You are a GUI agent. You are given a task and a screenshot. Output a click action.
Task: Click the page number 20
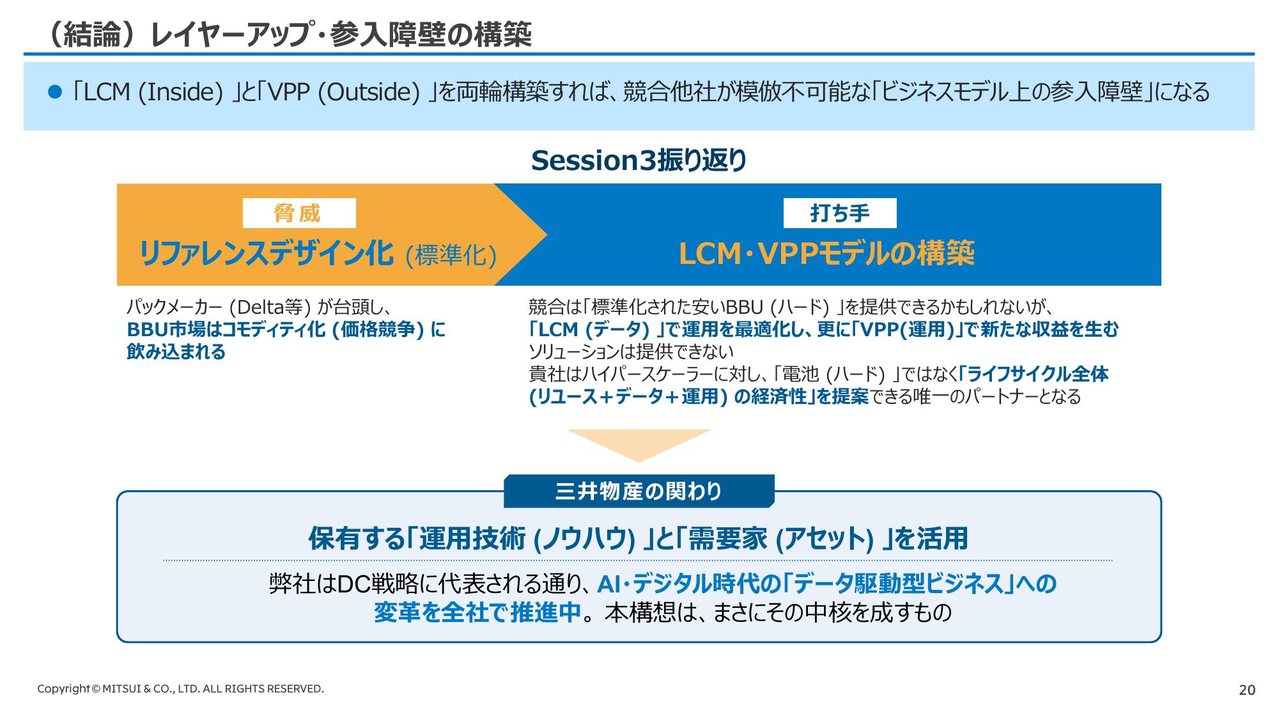coord(1247,690)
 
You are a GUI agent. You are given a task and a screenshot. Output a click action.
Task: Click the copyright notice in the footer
coord(180,689)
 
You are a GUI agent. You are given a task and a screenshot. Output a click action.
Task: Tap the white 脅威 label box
coord(299,213)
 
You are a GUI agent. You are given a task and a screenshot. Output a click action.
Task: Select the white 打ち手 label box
coord(840,213)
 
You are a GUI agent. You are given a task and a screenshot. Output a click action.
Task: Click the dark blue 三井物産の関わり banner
coord(639,491)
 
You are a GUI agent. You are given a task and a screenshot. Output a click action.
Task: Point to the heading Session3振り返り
coord(639,160)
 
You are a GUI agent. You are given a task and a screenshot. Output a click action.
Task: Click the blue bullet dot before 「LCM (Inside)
coord(55,92)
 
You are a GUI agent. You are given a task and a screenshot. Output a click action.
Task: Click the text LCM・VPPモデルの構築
coord(826,254)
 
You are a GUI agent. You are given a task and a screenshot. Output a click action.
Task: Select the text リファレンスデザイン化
coord(266,254)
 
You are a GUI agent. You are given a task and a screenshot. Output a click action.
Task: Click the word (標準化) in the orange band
coord(451,256)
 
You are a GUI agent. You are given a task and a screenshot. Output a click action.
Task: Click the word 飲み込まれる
coord(176,352)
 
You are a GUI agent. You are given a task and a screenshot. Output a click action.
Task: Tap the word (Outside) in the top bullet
coord(368,92)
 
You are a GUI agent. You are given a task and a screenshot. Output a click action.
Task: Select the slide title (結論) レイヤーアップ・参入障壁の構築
coord(289,35)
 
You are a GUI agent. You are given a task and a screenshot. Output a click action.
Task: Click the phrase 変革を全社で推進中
coord(477,612)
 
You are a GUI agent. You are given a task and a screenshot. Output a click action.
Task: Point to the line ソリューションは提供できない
coord(631,352)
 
